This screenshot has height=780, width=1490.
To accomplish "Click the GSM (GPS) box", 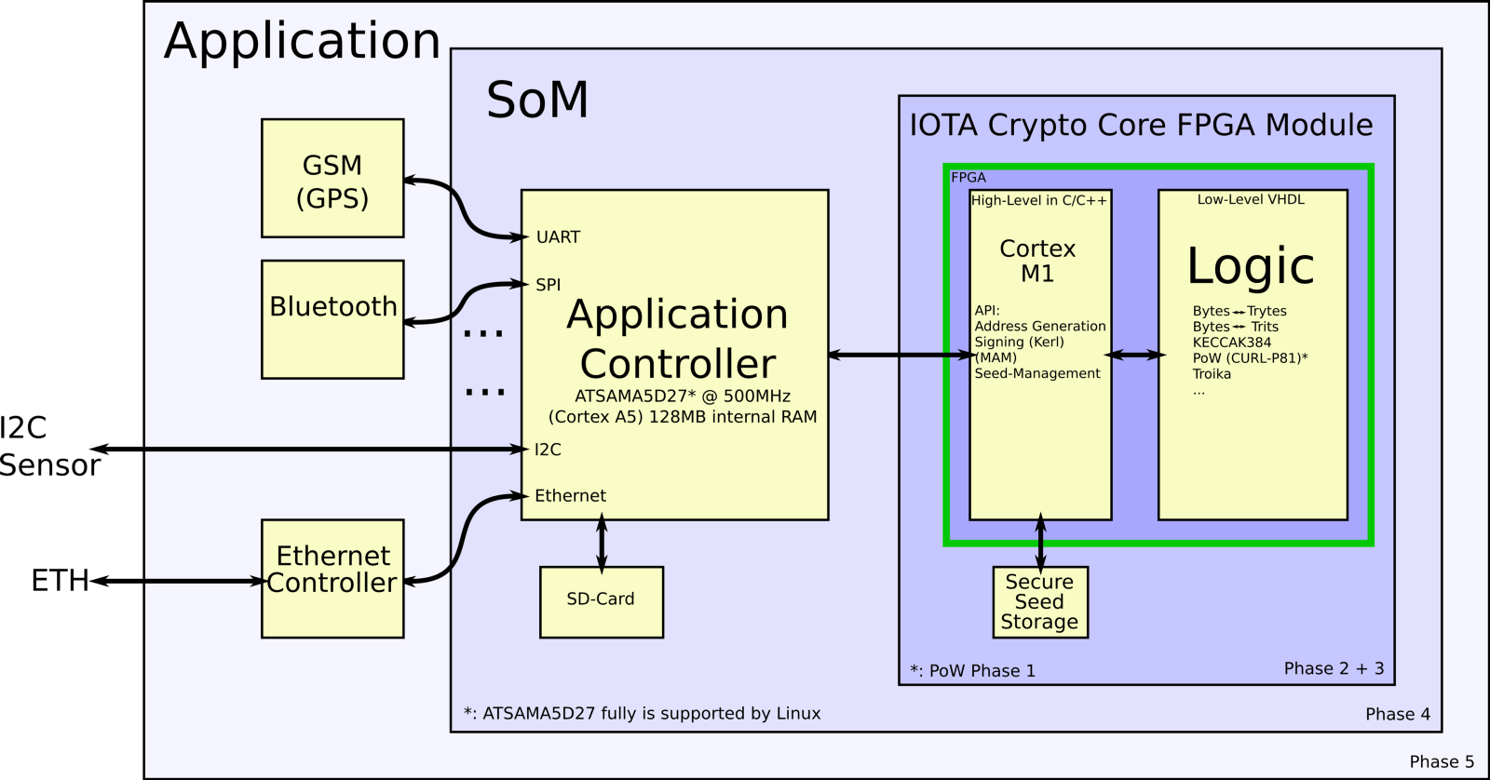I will click(332, 179).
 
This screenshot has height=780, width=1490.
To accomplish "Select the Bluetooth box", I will click(332, 319).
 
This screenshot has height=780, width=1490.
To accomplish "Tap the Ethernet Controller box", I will click(332, 578).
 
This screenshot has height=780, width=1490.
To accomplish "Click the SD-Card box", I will click(602, 601).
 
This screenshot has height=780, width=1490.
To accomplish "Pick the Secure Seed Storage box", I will click(1039, 602).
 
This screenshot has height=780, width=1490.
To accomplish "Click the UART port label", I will click(558, 237).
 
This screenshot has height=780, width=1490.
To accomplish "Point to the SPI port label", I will click(549, 285).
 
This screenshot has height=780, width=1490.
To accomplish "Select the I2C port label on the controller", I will click(548, 450).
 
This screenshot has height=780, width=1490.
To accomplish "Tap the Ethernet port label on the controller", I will click(570, 496).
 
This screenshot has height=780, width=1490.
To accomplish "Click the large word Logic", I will click(1251, 266).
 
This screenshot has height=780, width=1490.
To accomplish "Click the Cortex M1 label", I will click(1037, 261).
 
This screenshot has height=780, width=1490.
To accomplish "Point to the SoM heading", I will click(537, 100).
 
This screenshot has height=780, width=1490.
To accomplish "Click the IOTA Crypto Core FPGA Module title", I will click(1141, 125).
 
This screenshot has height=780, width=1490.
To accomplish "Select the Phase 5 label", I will click(1442, 761).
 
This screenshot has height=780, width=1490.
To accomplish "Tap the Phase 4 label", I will click(1397, 714).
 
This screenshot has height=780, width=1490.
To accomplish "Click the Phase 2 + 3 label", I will click(1334, 668).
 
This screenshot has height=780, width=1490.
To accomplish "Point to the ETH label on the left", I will click(59, 581).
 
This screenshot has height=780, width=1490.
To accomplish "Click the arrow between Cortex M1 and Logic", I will click(1135, 355).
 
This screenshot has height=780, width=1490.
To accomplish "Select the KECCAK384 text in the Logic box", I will click(1231, 343).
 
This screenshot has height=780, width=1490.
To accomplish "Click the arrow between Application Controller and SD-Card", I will click(602, 544).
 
